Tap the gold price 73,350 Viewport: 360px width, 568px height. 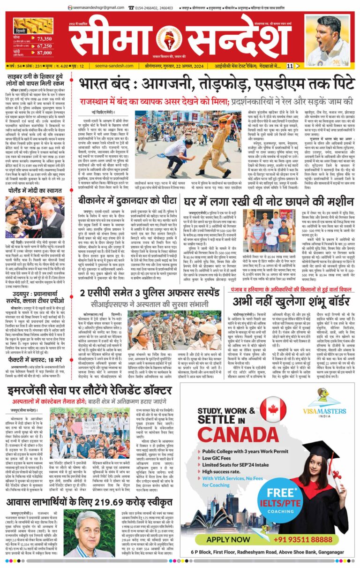point(45,39)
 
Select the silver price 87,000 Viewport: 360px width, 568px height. point(45,53)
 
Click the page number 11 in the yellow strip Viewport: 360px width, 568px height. point(290,66)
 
